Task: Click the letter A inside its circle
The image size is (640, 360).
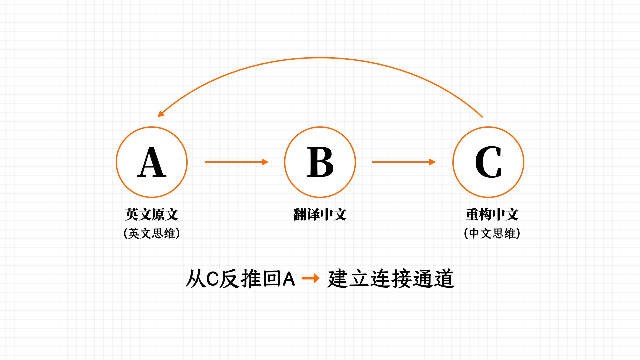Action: click(152, 162)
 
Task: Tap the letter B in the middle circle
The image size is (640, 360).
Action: click(320, 162)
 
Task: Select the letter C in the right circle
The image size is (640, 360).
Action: click(488, 162)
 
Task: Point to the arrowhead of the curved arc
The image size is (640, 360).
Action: click(161, 114)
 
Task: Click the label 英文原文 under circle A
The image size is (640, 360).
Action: click(152, 214)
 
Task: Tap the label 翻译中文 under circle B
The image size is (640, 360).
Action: click(320, 214)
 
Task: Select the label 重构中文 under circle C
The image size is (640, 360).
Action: click(492, 214)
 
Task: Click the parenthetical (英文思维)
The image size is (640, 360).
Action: click(152, 233)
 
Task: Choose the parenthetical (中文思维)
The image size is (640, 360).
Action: click(492, 233)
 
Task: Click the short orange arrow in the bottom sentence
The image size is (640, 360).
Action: click(310, 278)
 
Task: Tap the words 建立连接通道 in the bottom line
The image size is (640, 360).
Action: click(391, 279)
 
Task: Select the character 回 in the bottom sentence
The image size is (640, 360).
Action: click(271, 279)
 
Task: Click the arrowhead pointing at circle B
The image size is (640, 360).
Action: click(265, 162)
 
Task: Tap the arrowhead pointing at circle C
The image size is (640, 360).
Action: click(433, 162)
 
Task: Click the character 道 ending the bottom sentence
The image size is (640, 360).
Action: click(444, 279)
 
